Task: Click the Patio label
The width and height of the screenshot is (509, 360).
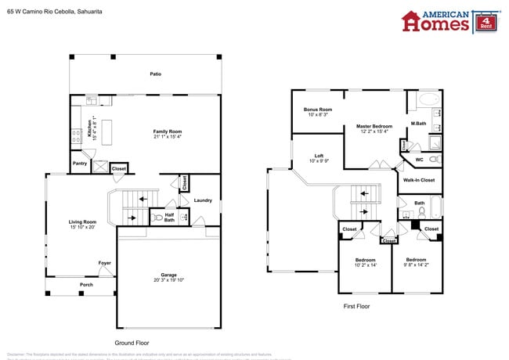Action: [x=156, y=74]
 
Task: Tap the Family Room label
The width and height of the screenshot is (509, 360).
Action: [x=168, y=131]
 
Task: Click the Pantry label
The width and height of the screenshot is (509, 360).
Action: [x=80, y=164]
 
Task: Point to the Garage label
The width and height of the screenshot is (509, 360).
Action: [x=168, y=275]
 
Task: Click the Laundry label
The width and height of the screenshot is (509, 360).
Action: [x=203, y=200]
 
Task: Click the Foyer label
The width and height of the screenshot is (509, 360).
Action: [x=104, y=263]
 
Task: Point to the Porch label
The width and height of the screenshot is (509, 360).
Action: [x=86, y=285]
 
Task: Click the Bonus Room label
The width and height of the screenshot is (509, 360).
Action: [x=318, y=110]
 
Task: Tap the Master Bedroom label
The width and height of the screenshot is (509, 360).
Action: [x=374, y=126]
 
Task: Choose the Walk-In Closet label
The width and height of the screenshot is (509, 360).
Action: [x=419, y=180]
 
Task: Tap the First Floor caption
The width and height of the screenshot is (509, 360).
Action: [x=356, y=306]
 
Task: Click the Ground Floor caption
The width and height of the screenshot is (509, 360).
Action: [x=131, y=343]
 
